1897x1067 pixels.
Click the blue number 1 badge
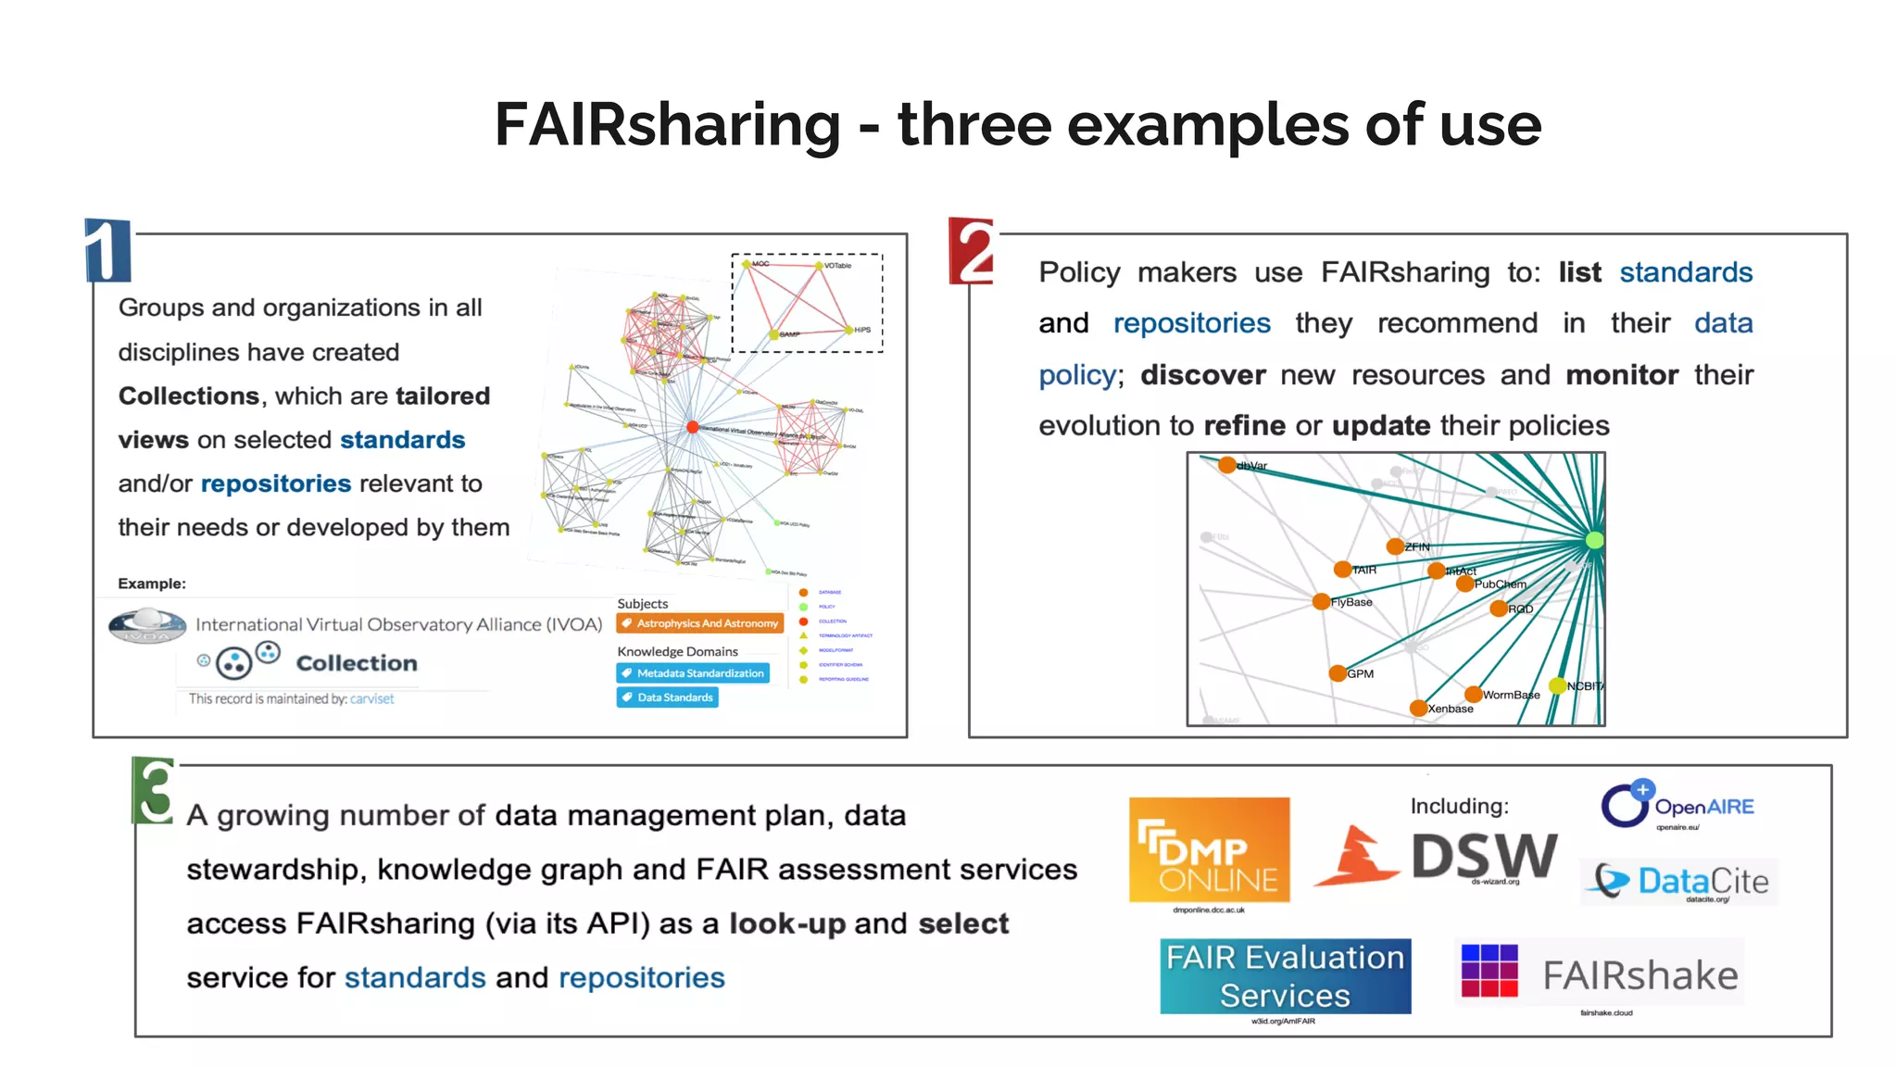pyautogui.click(x=107, y=250)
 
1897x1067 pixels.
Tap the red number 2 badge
pyautogui.click(x=973, y=251)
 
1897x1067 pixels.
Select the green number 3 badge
pyautogui.click(x=154, y=791)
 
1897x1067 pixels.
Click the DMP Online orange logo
pyautogui.click(x=1209, y=849)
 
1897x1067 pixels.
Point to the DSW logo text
pyautogui.click(x=1484, y=855)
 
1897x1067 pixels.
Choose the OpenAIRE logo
pyautogui.click(x=1677, y=805)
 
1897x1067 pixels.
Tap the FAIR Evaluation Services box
pyautogui.click(x=1285, y=976)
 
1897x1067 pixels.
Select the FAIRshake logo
pyautogui.click(x=1600, y=974)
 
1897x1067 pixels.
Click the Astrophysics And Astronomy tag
pyautogui.click(x=699, y=623)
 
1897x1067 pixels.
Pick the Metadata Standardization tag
pyautogui.click(x=693, y=673)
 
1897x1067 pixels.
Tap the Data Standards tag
pyautogui.click(x=667, y=697)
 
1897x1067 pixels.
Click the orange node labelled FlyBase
pyautogui.click(x=1322, y=602)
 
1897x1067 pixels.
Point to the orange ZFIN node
pyautogui.click(x=1395, y=546)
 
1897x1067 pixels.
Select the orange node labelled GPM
pyautogui.click(x=1338, y=673)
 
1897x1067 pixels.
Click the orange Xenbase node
pyautogui.click(x=1418, y=709)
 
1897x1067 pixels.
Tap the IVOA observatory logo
pyautogui.click(x=147, y=626)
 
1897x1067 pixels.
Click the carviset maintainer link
pyautogui.click(x=371, y=699)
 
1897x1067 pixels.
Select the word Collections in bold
pyautogui.click(x=189, y=396)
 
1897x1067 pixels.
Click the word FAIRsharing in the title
pyautogui.click(x=667, y=125)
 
